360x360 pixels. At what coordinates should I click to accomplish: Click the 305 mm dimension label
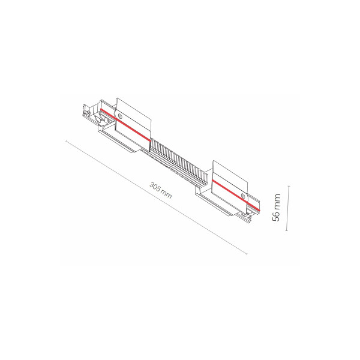click(x=160, y=190)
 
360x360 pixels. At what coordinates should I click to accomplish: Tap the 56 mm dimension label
click(x=276, y=208)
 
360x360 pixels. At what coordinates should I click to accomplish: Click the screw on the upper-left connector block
click(x=119, y=116)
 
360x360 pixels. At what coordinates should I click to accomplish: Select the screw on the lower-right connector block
click(x=243, y=196)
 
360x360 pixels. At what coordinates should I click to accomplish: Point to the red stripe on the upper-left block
click(x=125, y=125)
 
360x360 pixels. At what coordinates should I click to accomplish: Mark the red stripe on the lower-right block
click(x=236, y=195)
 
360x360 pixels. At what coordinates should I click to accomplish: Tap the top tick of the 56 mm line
click(x=289, y=186)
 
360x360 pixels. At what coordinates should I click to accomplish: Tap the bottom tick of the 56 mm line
click(x=287, y=230)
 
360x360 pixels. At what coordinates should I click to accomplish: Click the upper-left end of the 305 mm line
click(x=66, y=141)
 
